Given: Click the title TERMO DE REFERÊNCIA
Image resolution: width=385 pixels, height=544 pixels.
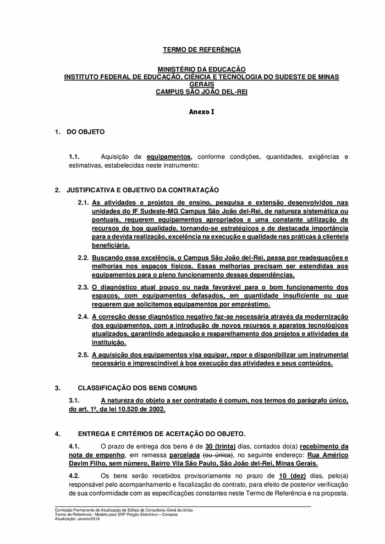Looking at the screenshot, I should [201, 50].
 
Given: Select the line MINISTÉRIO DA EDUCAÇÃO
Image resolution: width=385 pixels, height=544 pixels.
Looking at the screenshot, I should [201, 70].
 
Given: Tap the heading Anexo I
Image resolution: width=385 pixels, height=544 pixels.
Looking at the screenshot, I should [201, 112].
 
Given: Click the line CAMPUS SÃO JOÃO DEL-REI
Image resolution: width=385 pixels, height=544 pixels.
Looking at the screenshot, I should [201, 92].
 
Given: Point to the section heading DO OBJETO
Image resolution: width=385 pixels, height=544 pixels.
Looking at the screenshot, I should [85, 132].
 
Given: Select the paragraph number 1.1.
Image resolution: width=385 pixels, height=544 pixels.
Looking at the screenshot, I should [74, 157].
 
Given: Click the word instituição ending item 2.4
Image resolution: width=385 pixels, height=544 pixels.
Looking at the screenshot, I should [109, 342].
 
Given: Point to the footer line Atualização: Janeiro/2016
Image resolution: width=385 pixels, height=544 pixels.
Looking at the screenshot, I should [78, 519].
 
